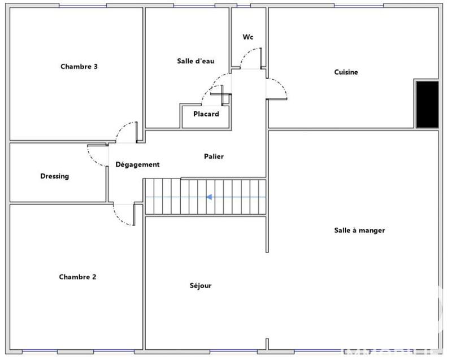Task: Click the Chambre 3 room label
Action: point(79,66)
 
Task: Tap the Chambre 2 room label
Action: point(77,277)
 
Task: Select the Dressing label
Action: point(54,176)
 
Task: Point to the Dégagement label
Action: point(137,164)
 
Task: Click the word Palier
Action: point(214,156)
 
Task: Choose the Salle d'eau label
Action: point(195,61)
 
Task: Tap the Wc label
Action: point(247,37)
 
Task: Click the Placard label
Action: point(206,114)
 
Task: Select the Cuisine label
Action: point(346,72)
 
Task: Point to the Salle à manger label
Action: point(359,231)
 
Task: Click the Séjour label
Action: point(201,286)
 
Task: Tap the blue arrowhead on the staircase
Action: point(209,197)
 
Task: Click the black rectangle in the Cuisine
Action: point(427,104)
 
